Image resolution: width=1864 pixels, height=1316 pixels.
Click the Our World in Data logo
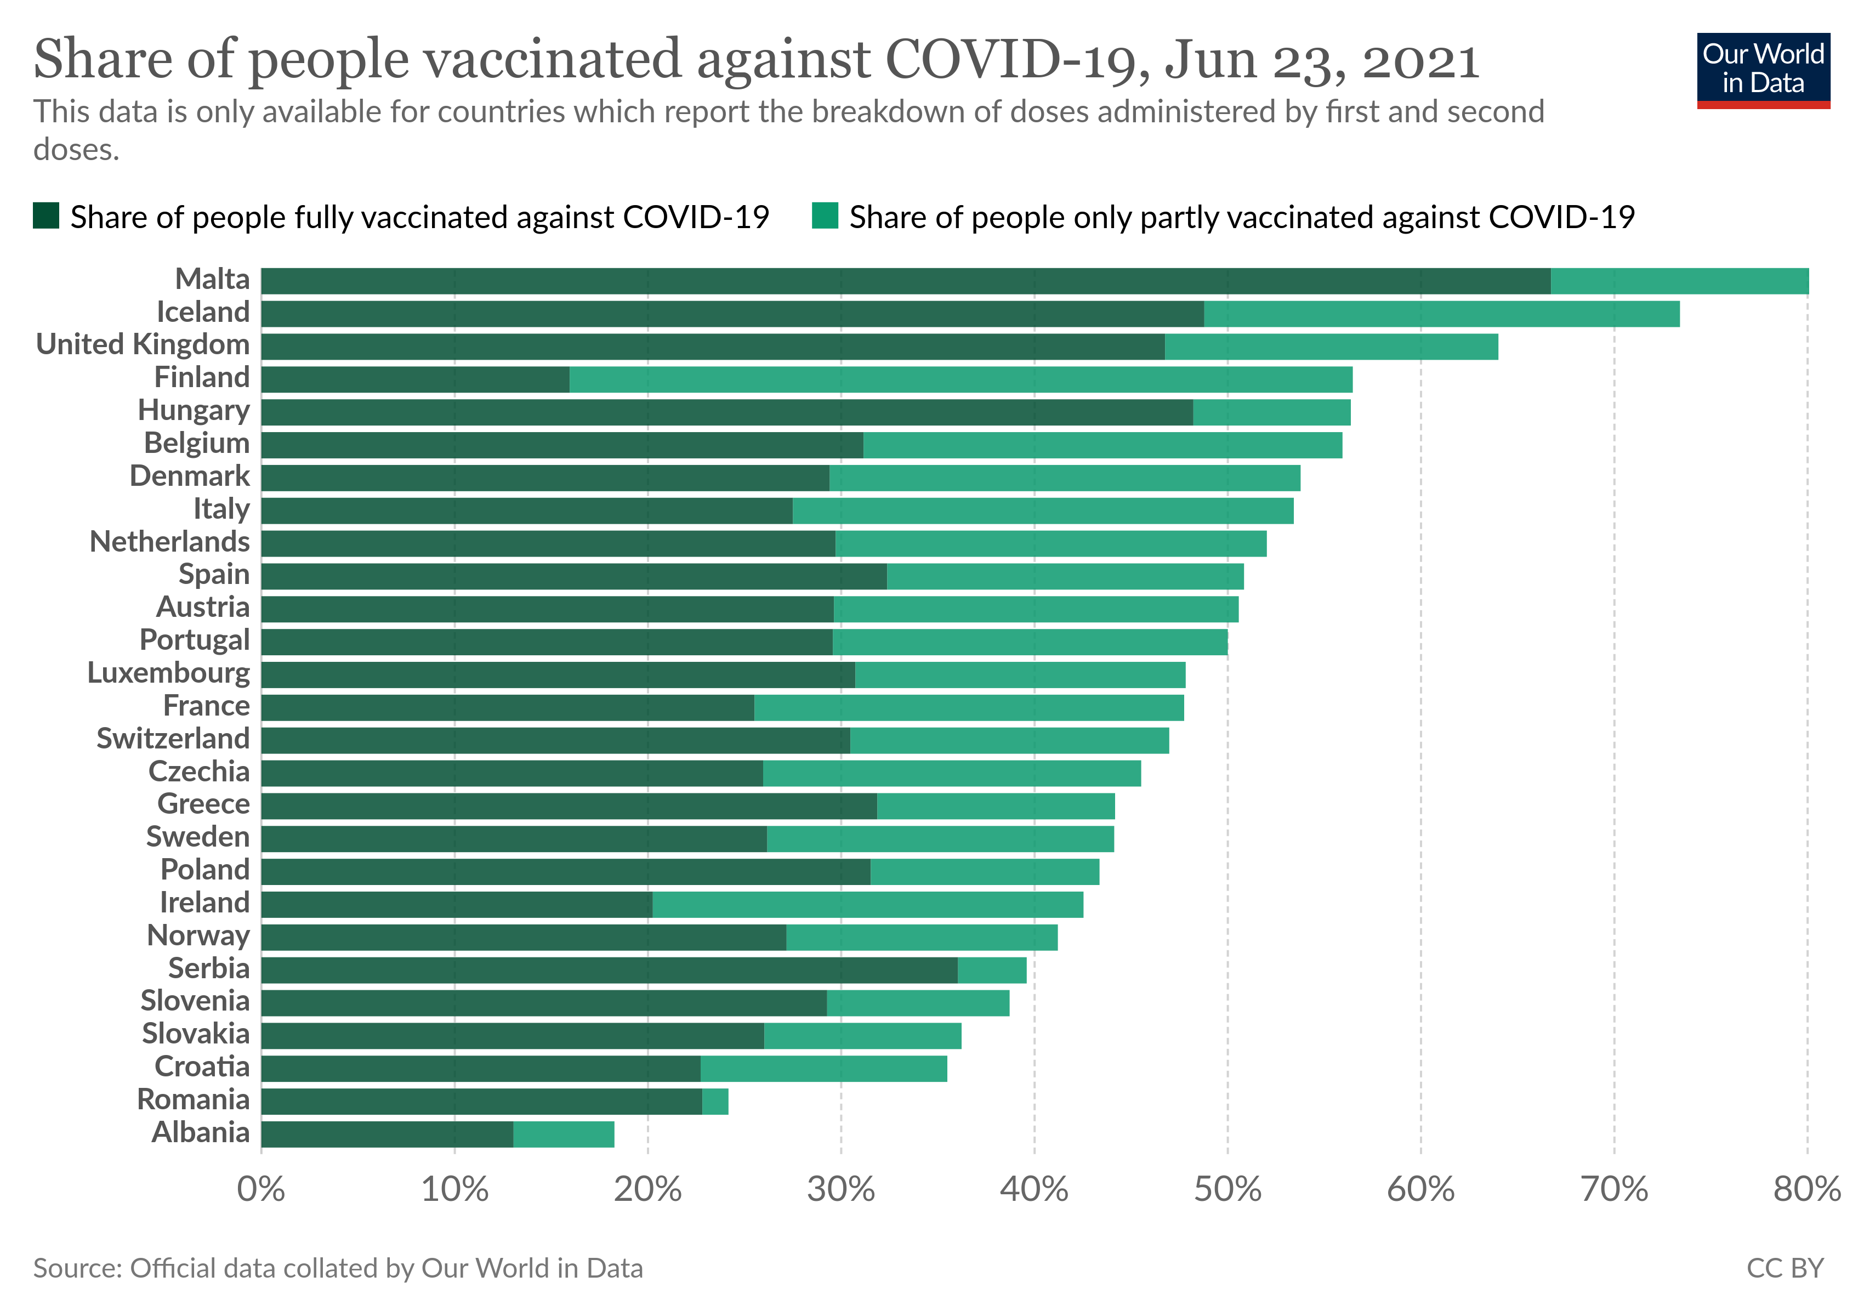[1763, 70]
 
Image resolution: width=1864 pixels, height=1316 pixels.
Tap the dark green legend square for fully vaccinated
[46, 216]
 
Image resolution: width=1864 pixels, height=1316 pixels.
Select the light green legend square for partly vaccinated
[825, 216]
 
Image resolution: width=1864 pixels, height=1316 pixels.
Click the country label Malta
[213, 279]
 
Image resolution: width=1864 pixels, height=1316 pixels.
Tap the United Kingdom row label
[143, 345]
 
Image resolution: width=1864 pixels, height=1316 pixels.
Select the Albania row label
[201, 1132]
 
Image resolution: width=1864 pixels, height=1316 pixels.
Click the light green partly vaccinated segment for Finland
[961, 379]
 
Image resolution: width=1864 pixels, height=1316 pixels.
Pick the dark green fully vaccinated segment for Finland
[415, 379]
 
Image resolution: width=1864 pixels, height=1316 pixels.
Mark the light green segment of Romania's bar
[715, 1102]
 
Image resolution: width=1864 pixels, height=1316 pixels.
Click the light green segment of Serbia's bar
[992, 970]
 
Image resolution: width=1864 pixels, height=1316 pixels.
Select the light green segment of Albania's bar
[564, 1134]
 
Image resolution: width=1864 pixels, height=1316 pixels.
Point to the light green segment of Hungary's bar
[1271, 412]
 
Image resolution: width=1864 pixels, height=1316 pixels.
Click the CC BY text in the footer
[1785, 1268]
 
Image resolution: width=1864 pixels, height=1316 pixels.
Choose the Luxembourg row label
[169, 673]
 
